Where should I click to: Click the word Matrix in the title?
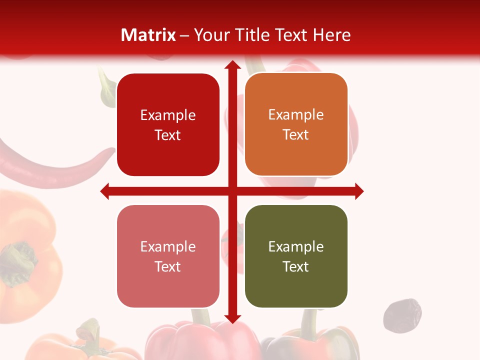coord(148,35)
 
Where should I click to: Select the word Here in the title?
coord(331,35)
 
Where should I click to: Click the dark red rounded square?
coord(168,125)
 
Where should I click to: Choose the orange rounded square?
coord(296,124)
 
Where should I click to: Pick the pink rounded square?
coord(168,256)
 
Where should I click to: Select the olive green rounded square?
coord(296,256)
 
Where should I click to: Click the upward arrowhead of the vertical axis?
coord(232,65)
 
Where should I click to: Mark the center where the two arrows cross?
coord(232,191)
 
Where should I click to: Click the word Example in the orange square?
coord(296,114)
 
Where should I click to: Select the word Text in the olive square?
coord(296,266)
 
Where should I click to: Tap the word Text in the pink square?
coord(168,266)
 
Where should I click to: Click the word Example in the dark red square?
coord(168,115)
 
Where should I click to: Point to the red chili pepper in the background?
coord(50,167)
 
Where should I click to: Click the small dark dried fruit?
coord(402,314)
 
